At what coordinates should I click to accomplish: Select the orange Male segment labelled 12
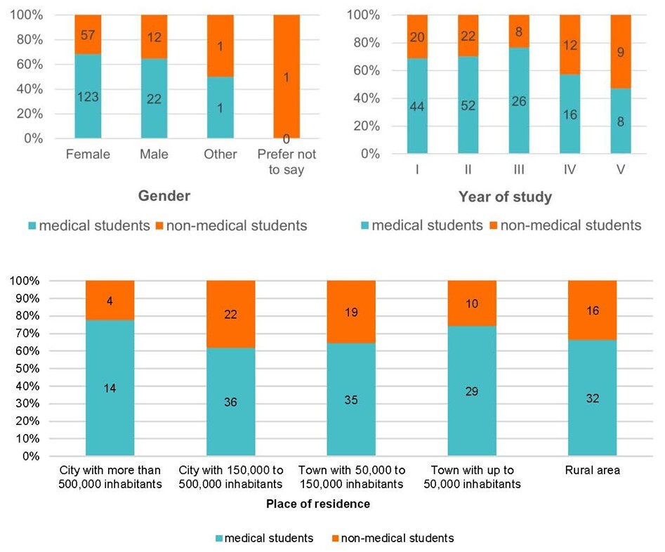pyautogui.click(x=154, y=37)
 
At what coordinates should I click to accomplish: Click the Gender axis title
pyautogui.click(x=163, y=196)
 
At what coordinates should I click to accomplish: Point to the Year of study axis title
pyautogui.click(x=505, y=197)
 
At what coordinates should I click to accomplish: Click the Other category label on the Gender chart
pyautogui.click(x=220, y=154)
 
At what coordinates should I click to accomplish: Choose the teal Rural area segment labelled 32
pyautogui.click(x=592, y=397)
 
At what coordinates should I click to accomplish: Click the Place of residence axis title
pyautogui.click(x=318, y=504)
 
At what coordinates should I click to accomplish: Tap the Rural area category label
pyautogui.click(x=592, y=471)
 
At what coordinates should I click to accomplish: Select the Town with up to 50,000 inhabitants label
pyautogui.click(x=472, y=477)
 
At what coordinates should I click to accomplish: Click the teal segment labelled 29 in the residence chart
pyautogui.click(x=471, y=390)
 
